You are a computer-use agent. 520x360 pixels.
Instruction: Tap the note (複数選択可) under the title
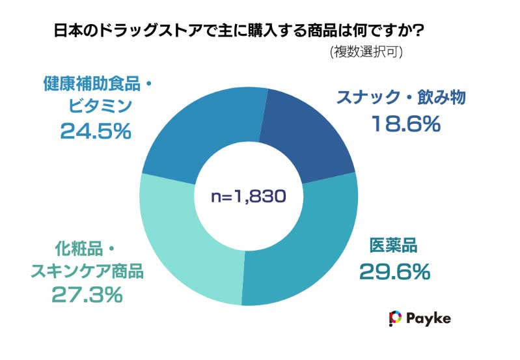click(x=366, y=52)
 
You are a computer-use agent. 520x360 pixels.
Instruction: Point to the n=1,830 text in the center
click(x=249, y=196)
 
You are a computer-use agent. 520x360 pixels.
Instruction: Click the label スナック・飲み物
click(x=402, y=98)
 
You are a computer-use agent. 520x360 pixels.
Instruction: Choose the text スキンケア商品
click(x=87, y=270)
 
